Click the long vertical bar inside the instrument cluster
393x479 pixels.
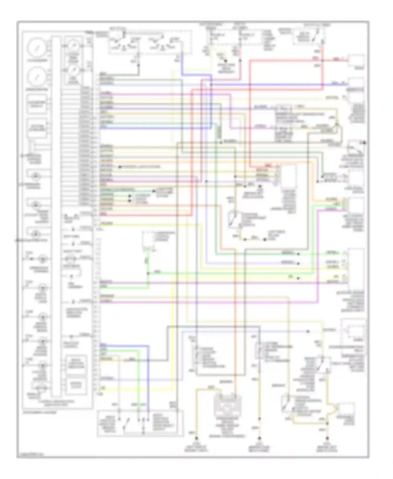coord(56,215)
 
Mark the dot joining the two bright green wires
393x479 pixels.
coord(148,273)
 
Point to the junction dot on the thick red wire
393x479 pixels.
coord(322,61)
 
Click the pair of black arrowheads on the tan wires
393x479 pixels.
coord(130,198)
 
